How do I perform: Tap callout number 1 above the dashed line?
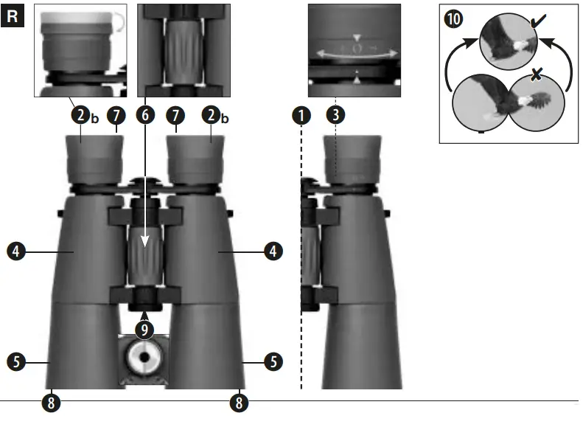(x=301, y=115)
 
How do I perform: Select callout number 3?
(x=335, y=115)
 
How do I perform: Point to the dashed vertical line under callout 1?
(x=301, y=258)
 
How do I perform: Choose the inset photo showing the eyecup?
(x=80, y=50)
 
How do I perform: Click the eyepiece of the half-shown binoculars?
(x=352, y=156)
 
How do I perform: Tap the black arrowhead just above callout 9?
(x=145, y=314)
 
